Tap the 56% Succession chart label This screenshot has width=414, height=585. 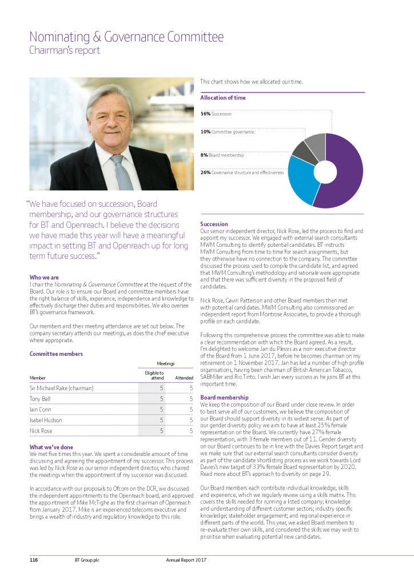pyautogui.click(x=216, y=114)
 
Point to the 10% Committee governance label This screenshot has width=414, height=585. pyautogui.click(x=227, y=131)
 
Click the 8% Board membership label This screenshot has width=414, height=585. pyautogui.click(x=222, y=155)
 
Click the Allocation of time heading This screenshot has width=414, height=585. pyautogui.click(x=223, y=98)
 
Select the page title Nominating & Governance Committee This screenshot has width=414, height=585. pyautogui.click(x=126, y=38)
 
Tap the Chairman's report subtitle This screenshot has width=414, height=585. pyautogui.click(x=65, y=50)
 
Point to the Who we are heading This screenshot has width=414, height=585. pyautogui.click(x=44, y=278)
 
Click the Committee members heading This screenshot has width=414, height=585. pyautogui.click(x=56, y=354)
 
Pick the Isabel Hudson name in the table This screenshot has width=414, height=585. pyautogui.click(x=47, y=420)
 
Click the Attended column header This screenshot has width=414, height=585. pyautogui.click(x=184, y=378)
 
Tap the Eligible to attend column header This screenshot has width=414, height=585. pyautogui.click(x=156, y=375)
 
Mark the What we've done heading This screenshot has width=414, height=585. pyautogui.click(x=51, y=447)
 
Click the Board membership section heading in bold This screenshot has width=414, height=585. pyautogui.click(x=224, y=397)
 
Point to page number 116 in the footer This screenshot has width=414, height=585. pyautogui.click(x=34, y=560)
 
